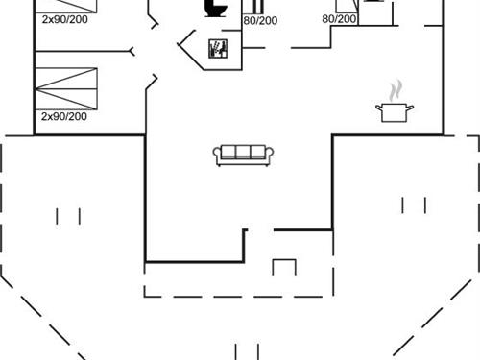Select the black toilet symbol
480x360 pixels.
pos(215,8)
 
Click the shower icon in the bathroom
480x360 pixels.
pos(219,48)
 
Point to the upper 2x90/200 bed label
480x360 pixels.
pos(64,18)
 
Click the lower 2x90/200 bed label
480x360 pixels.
pos(64,116)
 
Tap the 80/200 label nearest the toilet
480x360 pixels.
pos(260,20)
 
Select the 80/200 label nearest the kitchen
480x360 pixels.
pos(339,18)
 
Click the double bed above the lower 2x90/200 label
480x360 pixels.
pos(67,88)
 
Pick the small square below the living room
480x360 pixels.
pos(285,267)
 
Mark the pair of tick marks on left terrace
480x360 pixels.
pos(68,216)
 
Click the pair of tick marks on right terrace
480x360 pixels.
pos(415,204)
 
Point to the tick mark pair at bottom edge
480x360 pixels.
pos(247,350)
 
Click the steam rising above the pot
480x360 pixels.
pos(394,90)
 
